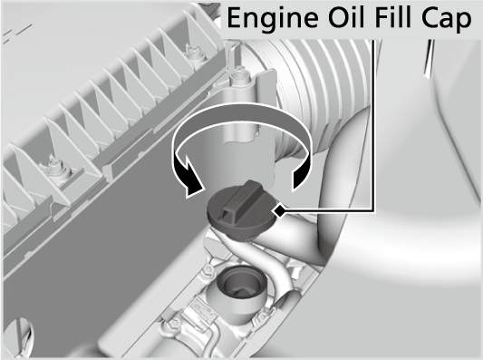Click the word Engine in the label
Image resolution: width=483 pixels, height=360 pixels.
[x=272, y=18]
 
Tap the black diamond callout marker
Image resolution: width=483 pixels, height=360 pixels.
[x=279, y=211]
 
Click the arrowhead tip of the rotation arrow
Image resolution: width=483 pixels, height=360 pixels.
[x=188, y=195]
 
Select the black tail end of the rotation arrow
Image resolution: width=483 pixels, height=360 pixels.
[x=301, y=179]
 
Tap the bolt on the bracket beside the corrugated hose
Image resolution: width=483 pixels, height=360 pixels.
[x=240, y=75]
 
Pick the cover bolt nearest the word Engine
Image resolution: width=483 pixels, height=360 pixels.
[x=194, y=53]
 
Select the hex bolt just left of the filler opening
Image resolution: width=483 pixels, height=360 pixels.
[x=208, y=271]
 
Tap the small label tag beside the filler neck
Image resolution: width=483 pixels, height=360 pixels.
[x=202, y=311]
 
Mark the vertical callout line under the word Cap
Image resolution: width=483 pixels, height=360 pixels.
[x=372, y=125]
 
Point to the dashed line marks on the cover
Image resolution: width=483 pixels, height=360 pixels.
[x=17, y=33]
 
